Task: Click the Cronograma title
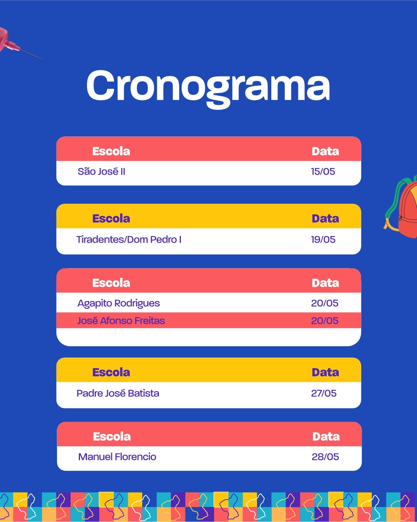[x=208, y=88]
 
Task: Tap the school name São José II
[x=101, y=172]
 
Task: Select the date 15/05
[x=323, y=172]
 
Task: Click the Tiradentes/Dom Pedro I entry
[x=129, y=240]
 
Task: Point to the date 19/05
[x=323, y=240]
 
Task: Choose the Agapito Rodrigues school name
[x=119, y=303]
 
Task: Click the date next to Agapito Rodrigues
[x=325, y=303]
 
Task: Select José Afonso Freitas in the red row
[x=121, y=321]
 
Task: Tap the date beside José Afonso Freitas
[x=325, y=321]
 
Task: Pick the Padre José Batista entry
[x=118, y=393]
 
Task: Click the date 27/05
[x=324, y=393]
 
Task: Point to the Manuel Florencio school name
[x=117, y=457]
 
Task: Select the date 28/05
[x=325, y=457]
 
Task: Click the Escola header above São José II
[x=111, y=151]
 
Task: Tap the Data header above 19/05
[x=325, y=219]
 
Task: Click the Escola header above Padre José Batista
[x=111, y=372]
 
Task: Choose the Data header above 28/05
[x=326, y=437]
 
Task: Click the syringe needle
[x=32, y=54]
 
